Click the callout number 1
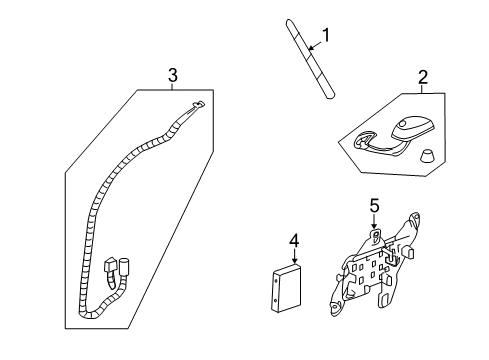click(x=326, y=35)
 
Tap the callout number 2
click(x=423, y=77)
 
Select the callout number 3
click(x=173, y=75)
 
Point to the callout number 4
click(x=294, y=241)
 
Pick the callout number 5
click(x=375, y=206)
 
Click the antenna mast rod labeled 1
click(x=310, y=60)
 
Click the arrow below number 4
click(x=294, y=256)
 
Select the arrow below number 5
click(x=375, y=222)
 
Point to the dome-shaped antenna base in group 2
click(x=414, y=128)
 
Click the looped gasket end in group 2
click(x=364, y=139)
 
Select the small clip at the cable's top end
click(x=198, y=104)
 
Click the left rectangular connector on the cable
click(x=109, y=265)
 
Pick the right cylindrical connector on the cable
click(x=124, y=266)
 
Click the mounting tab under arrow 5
click(x=375, y=235)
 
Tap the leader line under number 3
click(x=172, y=86)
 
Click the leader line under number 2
click(x=422, y=89)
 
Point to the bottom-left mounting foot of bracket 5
click(x=336, y=309)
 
